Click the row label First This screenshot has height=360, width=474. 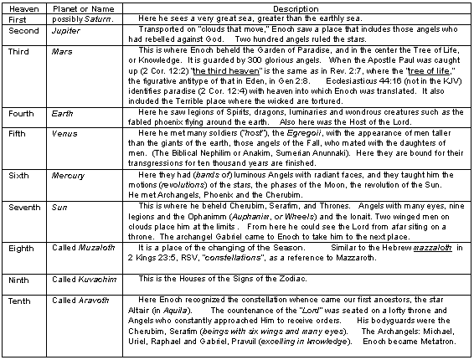tap(18, 18)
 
